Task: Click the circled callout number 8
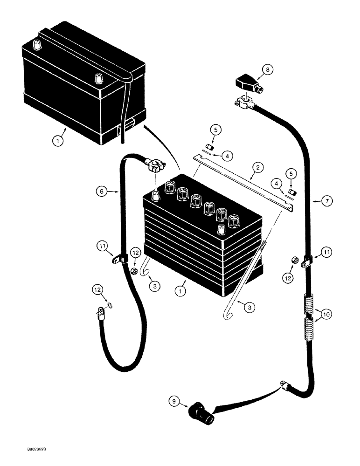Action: (266, 70)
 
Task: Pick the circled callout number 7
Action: (327, 201)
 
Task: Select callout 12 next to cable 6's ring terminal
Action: (97, 290)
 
